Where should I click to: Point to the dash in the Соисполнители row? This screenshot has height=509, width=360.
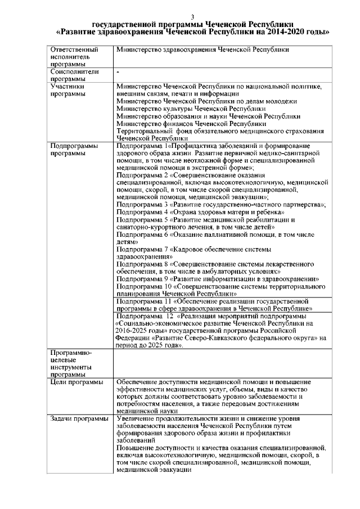point(118,73)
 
